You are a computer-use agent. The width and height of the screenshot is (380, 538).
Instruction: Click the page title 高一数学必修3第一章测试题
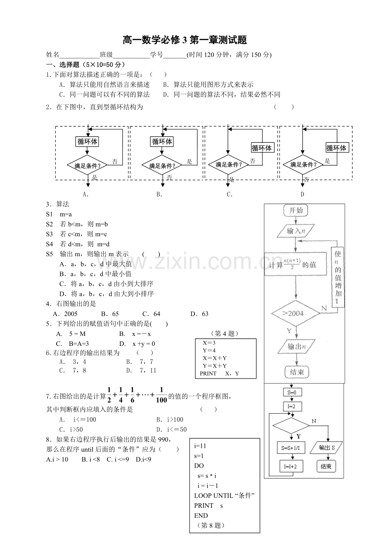pos(185,40)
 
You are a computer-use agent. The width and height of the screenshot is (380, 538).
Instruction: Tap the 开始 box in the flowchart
pos(295,210)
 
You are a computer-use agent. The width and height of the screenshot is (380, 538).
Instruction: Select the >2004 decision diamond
pos(295,313)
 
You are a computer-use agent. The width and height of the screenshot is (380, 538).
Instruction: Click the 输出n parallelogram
pos(297,346)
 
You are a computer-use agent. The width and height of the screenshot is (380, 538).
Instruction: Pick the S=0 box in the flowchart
pos(292,393)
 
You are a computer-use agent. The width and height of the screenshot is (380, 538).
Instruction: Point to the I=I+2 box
pos(292,467)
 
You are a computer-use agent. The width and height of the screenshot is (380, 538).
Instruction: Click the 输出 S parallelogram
pos(326,448)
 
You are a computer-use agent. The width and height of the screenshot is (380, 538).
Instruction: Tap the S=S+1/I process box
pos(291,448)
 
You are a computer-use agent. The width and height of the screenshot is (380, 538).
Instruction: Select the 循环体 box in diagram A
pos(87,141)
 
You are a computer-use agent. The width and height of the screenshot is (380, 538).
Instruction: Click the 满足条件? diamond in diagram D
pos(303,165)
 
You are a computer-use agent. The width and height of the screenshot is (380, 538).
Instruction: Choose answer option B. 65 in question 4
pos(110,314)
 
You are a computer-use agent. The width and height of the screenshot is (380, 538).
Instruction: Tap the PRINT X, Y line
pos(219,374)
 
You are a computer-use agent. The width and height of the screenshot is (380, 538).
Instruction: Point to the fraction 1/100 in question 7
pos(161,395)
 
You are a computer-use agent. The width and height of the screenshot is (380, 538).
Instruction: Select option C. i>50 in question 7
pos(71,429)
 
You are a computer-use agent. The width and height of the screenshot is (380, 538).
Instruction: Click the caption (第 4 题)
pos(225,333)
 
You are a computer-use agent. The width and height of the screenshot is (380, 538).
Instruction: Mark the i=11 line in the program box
pos(200,446)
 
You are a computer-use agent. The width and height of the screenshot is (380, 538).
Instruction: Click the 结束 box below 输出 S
pos(326,467)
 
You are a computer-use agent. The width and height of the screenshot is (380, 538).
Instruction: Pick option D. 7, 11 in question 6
pos(141,370)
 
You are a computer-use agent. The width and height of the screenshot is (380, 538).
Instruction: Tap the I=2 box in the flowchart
pos(292,406)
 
